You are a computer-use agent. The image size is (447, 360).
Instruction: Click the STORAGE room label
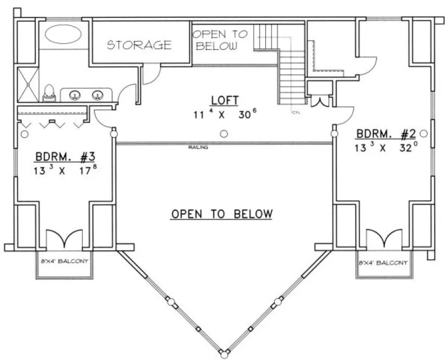[139, 44]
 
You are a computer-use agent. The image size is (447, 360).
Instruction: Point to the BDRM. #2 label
[382, 134]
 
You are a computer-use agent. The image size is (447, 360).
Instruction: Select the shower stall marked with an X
[27, 83]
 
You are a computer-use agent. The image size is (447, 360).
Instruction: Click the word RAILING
[198, 147]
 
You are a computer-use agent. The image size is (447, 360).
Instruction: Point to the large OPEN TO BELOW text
[221, 214]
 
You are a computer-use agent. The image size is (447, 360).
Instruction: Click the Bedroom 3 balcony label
[65, 261]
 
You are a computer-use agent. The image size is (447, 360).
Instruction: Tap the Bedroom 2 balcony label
[383, 262]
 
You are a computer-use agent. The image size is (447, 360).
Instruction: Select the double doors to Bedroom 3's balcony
[64, 239]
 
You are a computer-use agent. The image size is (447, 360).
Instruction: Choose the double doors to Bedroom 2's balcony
[384, 239]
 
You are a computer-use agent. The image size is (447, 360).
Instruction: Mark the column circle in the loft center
[224, 134]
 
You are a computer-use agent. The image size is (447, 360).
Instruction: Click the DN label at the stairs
[296, 112]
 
